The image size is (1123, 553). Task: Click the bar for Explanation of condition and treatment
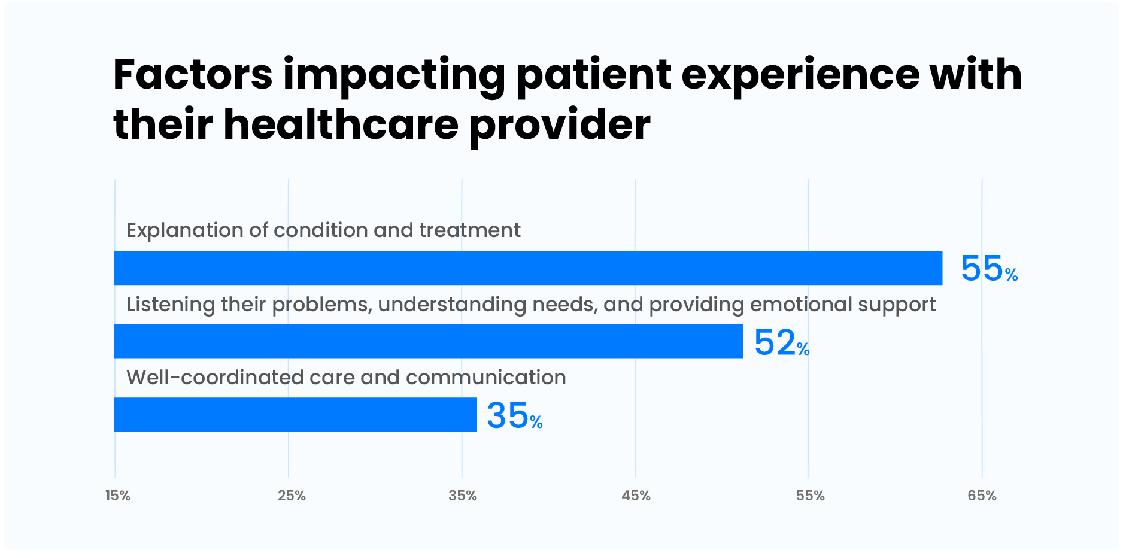point(528,268)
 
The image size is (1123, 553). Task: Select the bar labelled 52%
point(429,342)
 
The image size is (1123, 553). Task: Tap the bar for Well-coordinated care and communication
point(296,415)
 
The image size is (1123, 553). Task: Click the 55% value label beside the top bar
point(988,269)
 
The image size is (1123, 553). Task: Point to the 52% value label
point(781,343)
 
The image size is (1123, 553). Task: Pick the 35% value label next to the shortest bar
point(514,416)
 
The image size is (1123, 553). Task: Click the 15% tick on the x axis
point(117,496)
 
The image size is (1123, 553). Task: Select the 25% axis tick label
point(292,496)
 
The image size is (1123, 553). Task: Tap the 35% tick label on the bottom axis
point(463,496)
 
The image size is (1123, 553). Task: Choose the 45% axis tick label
point(636,496)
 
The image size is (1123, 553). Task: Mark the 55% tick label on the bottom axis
point(810,496)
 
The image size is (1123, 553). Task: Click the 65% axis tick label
point(982,496)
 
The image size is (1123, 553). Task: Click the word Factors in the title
point(193,75)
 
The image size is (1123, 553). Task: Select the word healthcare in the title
point(341,125)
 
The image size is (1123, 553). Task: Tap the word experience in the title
point(800,76)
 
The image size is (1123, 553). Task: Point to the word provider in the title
point(560,126)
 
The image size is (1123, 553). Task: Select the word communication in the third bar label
point(485,378)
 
